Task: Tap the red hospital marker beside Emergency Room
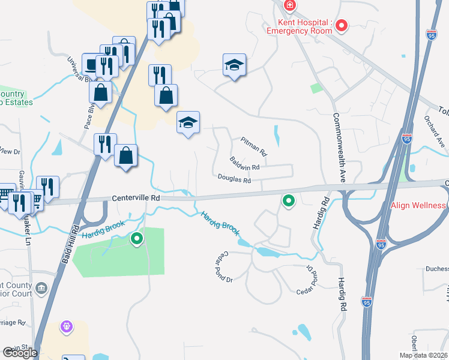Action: [x=341, y=25]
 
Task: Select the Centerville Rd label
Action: [x=136, y=197]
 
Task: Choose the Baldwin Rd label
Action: [x=244, y=163]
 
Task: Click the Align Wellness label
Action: [x=418, y=205]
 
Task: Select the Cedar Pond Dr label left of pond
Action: [x=220, y=268]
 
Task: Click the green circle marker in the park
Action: [x=137, y=239]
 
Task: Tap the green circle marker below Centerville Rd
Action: [x=289, y=201]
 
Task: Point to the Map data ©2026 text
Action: [x=423, y=355]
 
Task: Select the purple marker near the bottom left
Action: [x=66, y=327]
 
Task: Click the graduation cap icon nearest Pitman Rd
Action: [x=188, y=122]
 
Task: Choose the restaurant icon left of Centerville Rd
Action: [x=47, y=187]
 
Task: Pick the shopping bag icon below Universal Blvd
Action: [x=100, y=93]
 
